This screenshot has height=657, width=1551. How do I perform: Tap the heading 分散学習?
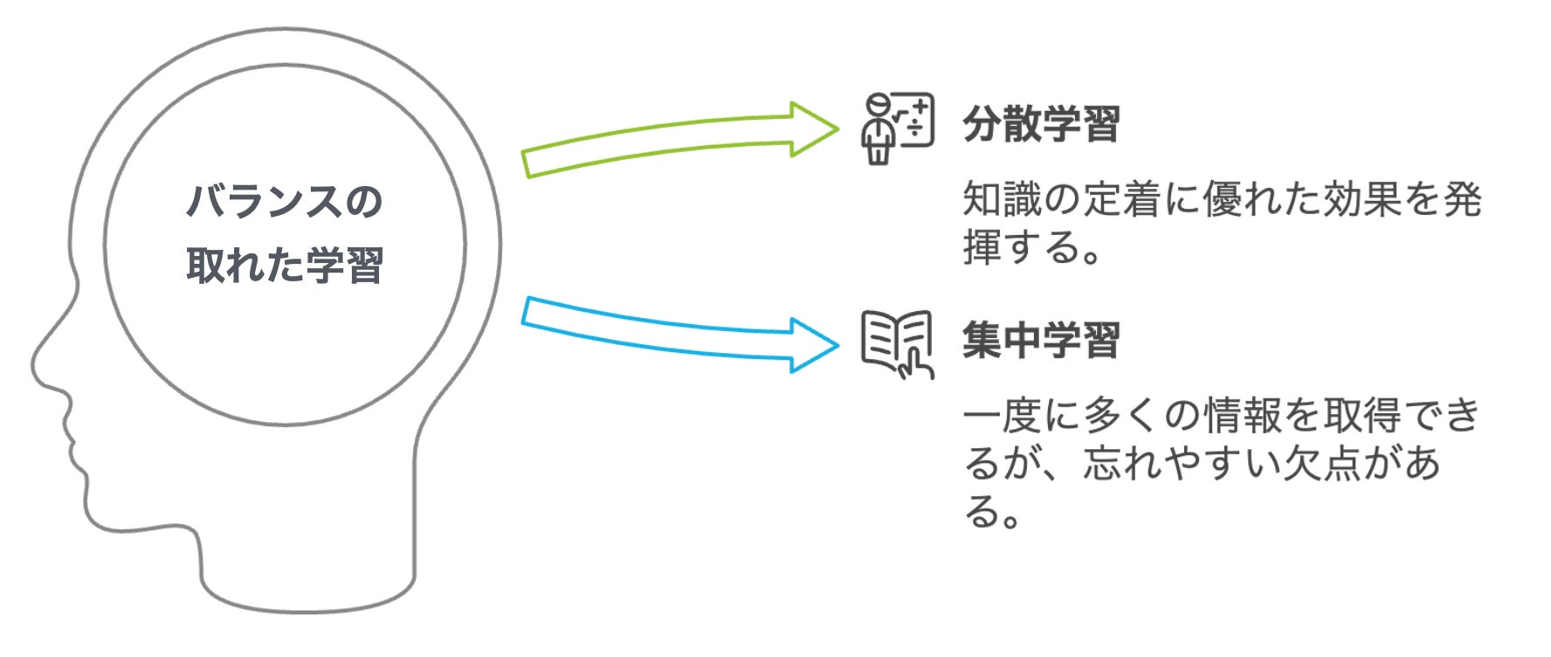(x=1041, y=125)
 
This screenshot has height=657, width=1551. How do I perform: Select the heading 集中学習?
(x=1041, y=341)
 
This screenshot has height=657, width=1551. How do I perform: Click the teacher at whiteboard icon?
(x=897, y=128)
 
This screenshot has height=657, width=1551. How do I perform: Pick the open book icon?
(x=896, y=342)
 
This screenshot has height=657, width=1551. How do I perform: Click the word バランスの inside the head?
(x=285, y=202)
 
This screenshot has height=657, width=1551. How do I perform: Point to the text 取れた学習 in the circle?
(x=285, y=265)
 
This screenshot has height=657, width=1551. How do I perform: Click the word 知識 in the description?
(x=1002, y=200)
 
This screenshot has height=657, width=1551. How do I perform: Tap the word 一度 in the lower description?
(x=1002, y=416)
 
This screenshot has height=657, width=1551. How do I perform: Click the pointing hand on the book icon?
(x=917, y=364)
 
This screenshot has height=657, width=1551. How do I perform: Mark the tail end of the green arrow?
(x=529, y=163)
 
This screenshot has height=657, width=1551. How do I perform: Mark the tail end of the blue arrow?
(x=529, y=311)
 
